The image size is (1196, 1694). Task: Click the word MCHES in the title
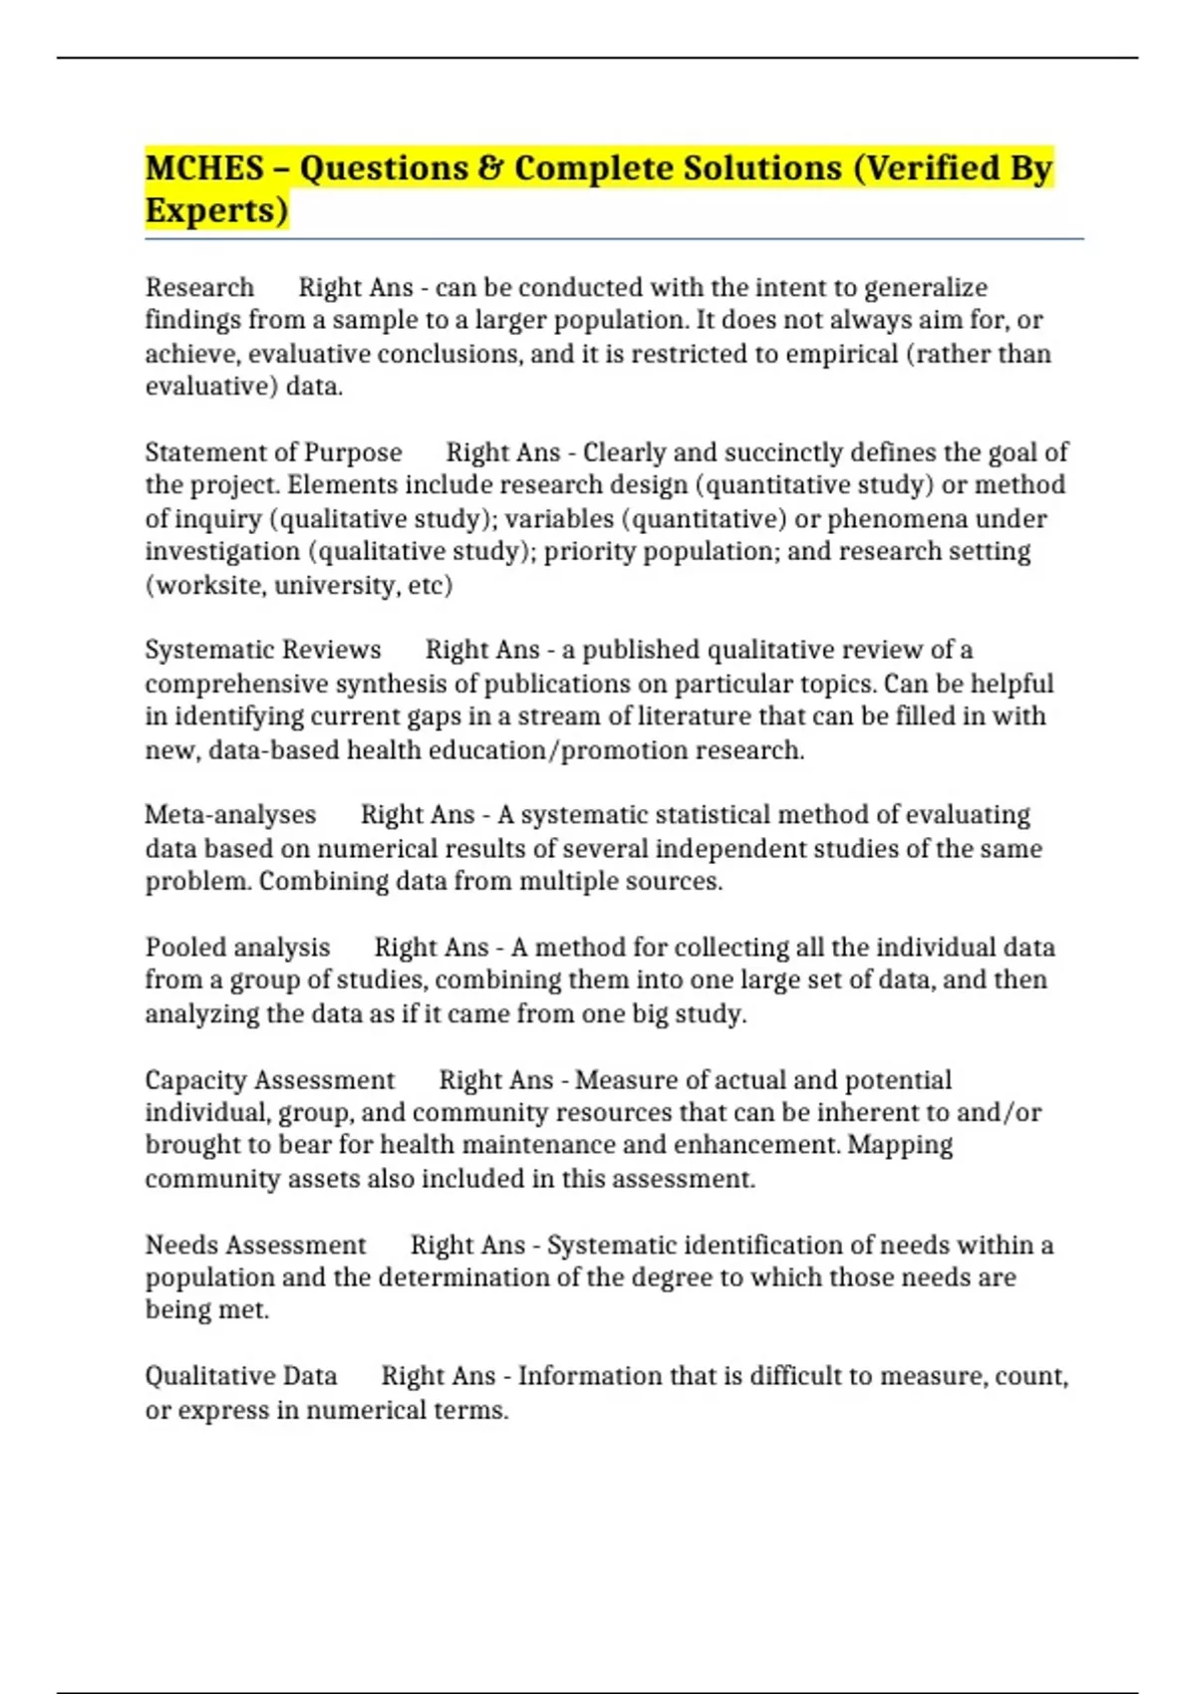click(x=204, y=168)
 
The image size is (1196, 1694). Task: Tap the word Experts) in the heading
click(x=216, y=211)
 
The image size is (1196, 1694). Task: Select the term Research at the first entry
click(x=199, y=288)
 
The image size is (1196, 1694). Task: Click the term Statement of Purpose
click(x=273, y=452)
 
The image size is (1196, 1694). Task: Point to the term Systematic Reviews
click(x=263, y=650)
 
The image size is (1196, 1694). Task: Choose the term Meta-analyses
click(x=230, y=815)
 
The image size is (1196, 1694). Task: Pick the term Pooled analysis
click(x=237, y=948)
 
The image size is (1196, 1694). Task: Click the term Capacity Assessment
click(x=270, y=1080)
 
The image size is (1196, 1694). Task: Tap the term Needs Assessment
click(x=256, y=1246)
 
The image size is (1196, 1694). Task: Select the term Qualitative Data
click(x=241, y=1376)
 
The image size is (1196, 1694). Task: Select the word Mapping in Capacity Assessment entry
click(x=900, y=1145)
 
